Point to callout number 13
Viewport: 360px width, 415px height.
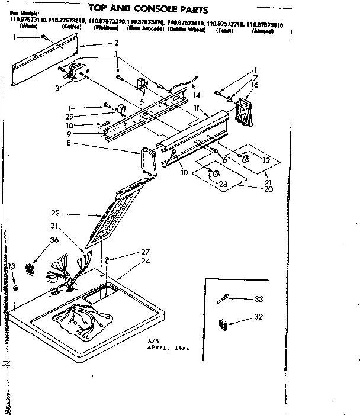pyautogui.click(x=12, y=266)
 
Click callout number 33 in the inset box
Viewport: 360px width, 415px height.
pyautogui.click(x=258, y=299)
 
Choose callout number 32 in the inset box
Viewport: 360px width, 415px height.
pyautogui.click(x=258, y=317)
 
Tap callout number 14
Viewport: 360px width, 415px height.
pyautogui.click(x=197, y=95)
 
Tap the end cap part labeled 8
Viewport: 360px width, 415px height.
pyautogui.click(x=146, y=161)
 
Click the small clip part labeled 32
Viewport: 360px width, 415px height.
pyautogui.click(x=223, y=324)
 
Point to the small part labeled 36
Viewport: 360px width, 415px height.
pyautogui.click(x=28, y=269)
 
